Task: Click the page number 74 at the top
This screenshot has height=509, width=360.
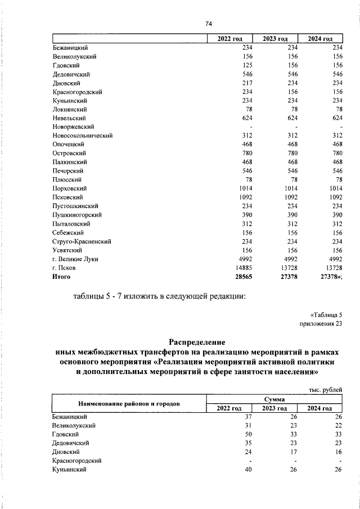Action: (209, 24)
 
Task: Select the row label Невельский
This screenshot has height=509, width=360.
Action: (69, 118)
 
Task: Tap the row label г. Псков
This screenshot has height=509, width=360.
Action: (64, 268)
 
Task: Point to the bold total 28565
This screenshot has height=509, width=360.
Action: (244, 277)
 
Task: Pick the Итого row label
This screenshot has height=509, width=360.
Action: (61, 277)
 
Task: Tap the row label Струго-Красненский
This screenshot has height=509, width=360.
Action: (81, 241)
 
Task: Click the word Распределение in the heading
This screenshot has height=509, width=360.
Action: (197, 341)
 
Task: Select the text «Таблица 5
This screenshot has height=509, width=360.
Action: (326, 314)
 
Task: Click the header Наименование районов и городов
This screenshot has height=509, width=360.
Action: (129, 403)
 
